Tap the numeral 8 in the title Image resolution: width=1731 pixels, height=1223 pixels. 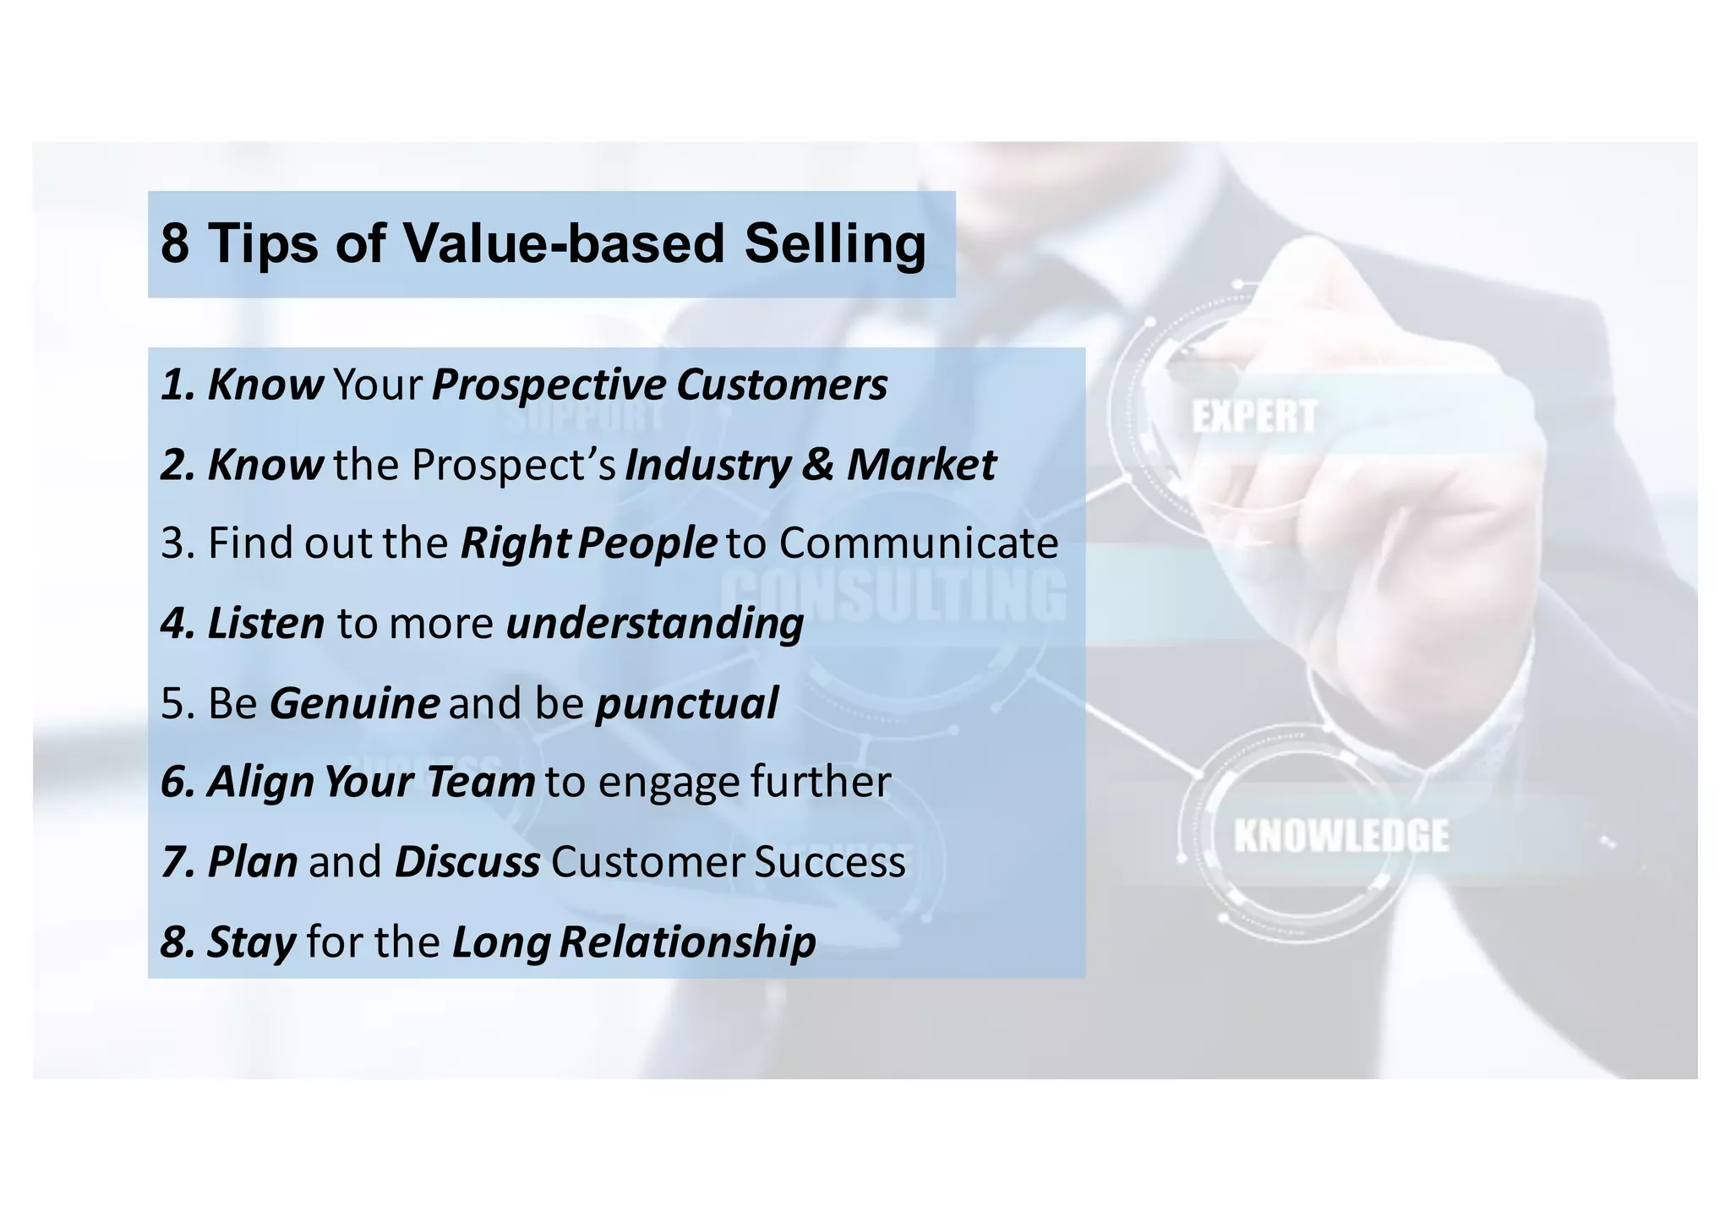(174, 243)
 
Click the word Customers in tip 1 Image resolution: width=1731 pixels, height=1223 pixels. (782, 385)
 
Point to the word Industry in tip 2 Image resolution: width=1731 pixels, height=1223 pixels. (707, 465)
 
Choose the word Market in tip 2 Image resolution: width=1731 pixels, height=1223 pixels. (921, 465)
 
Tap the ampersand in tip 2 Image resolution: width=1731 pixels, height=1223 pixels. (817, 465)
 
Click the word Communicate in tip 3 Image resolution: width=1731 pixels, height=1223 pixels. (918, 543)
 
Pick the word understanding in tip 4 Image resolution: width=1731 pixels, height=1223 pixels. (654, 624)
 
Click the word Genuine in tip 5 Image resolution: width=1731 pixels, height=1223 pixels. (354, 703)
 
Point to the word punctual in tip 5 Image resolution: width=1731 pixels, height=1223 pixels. (686, 703)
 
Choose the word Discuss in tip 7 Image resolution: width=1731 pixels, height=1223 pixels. (467, 862)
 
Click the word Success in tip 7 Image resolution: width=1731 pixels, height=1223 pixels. (829, 862)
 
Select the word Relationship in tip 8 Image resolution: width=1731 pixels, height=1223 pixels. (687, 942)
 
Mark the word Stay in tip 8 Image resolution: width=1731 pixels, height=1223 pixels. (251, 942)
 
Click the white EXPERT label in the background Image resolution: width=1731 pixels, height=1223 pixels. (1254, 417)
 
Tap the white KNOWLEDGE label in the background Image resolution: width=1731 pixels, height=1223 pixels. (1341, 835)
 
